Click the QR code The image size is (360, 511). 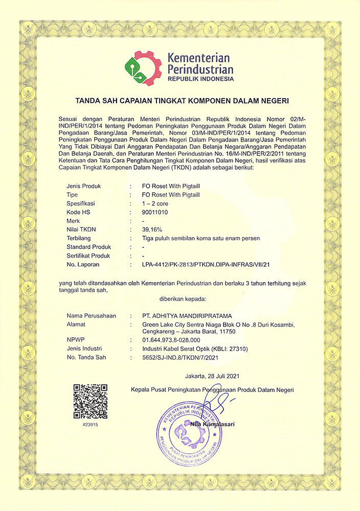click(90, 402)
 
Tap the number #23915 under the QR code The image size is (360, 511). click(90, 425)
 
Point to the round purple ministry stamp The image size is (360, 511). click(189, 433)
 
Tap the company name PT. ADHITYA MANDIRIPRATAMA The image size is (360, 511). click(189, 315)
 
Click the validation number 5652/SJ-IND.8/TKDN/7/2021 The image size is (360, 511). click(185, 358)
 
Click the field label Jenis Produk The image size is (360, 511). click(83, 186)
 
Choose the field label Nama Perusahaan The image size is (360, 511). click(91, 315)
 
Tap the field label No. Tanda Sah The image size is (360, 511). click(86, 358)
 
